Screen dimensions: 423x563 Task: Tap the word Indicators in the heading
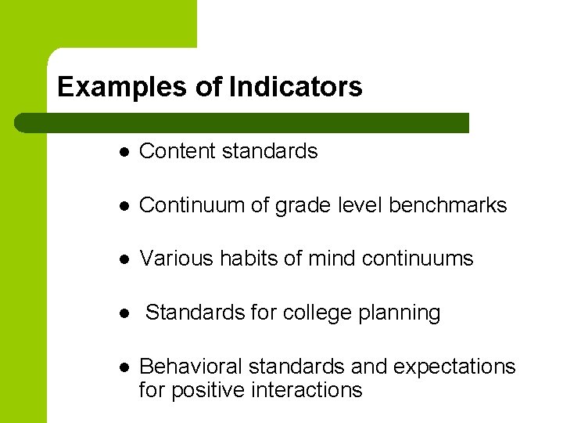point(296,87)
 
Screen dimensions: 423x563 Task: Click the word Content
point(177,151)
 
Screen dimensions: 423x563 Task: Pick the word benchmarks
point(448,205)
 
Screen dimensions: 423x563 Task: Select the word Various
point(174,258)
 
